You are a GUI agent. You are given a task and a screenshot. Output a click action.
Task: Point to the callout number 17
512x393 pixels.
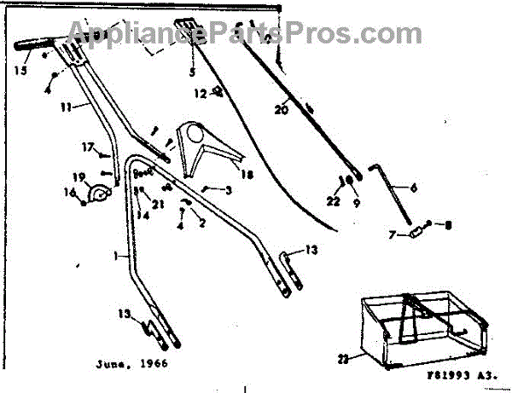[87, 147]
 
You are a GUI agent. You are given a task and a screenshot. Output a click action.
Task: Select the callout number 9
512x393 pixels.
[346, 204]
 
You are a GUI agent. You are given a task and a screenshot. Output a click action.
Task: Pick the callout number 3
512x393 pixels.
[229, 190]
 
